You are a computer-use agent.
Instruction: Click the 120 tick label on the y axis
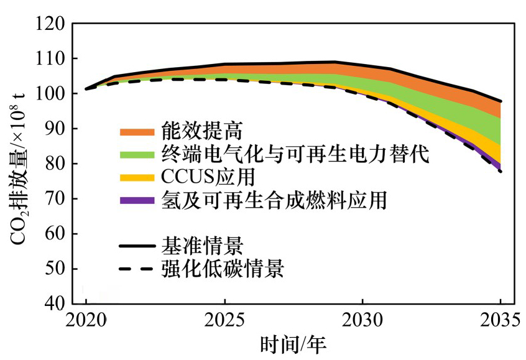[49, 24]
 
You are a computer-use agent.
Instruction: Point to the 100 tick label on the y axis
[49, 94]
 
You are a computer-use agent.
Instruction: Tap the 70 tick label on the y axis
[55, 199]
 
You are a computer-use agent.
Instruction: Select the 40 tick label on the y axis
[55, 304]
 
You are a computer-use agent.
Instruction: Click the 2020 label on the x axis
[86, 321]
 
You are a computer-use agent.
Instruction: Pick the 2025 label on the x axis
[224, 321]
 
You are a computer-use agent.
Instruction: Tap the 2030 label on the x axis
[362, 321]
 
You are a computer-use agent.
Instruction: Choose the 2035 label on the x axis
[500, 321]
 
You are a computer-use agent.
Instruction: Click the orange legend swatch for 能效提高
[136, 132]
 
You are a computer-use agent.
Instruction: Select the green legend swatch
[136, 154]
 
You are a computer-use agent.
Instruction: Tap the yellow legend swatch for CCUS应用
[136, 178]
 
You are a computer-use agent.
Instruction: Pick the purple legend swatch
[136, 200]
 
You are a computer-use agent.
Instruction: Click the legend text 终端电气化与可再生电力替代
[295, 154]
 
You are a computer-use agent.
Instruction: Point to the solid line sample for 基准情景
[136, 247]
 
